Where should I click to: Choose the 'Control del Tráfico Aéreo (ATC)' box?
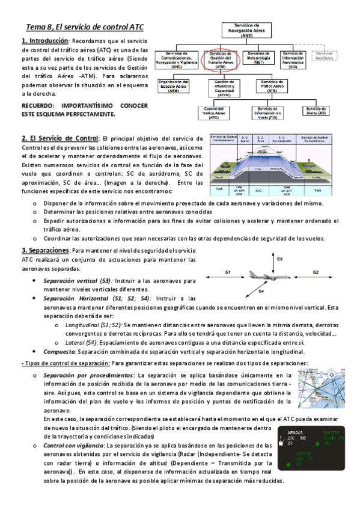point(214,112)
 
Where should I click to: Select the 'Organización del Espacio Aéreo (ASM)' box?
point(173,87)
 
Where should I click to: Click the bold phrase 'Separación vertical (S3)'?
point(74,280)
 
